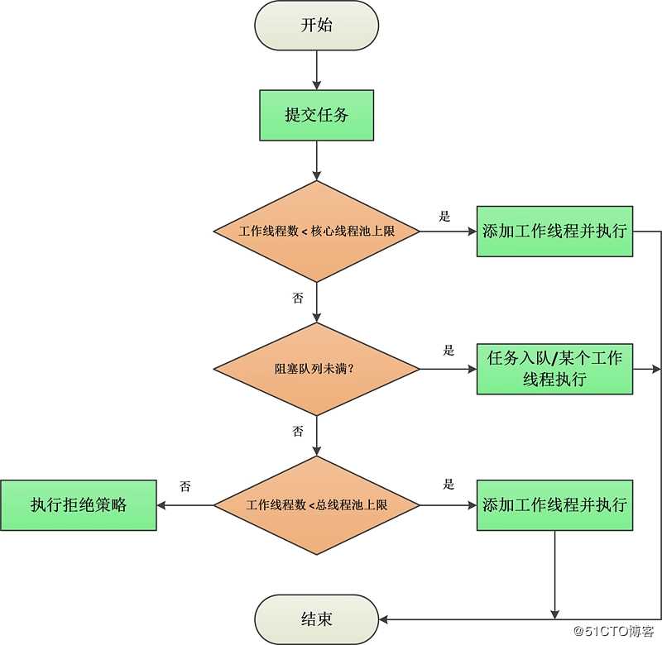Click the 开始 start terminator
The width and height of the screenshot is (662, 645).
[316, 25]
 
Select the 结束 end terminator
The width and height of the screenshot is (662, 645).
[316, 619]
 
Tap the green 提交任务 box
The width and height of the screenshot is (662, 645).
[316, 115]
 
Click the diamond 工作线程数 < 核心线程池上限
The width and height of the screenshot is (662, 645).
[316, 232]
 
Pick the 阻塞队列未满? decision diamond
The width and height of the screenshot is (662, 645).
[316, 368]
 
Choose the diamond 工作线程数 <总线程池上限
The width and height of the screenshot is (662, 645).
[316, 504]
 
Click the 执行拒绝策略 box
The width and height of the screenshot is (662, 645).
[79, 504]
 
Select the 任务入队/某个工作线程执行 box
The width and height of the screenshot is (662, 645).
[554, 368]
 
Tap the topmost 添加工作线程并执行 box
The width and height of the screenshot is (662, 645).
[554, 232]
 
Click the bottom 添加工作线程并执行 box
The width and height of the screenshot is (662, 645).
[554, 504]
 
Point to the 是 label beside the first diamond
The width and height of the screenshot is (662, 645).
[445, 217]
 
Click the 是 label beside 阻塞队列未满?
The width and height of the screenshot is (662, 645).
[449, 351]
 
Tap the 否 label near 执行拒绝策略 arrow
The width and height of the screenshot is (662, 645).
[185, 487]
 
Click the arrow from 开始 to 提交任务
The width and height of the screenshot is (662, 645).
[316, 70]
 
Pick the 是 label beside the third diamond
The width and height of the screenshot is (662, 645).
[449, 485]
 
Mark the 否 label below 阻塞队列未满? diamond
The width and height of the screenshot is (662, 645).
[298, 432]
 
